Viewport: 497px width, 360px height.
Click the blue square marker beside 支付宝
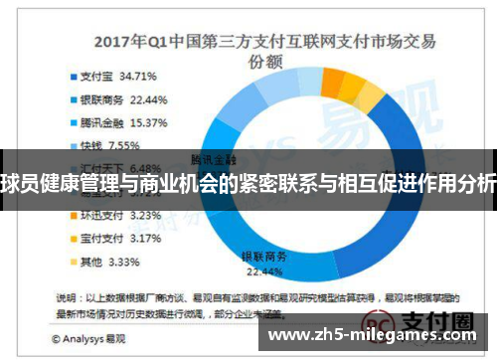point(73,75)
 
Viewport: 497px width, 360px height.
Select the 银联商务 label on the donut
point(263,256)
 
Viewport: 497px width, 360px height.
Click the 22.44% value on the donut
point(263,270)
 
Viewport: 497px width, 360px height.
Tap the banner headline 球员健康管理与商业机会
point(248,184)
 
